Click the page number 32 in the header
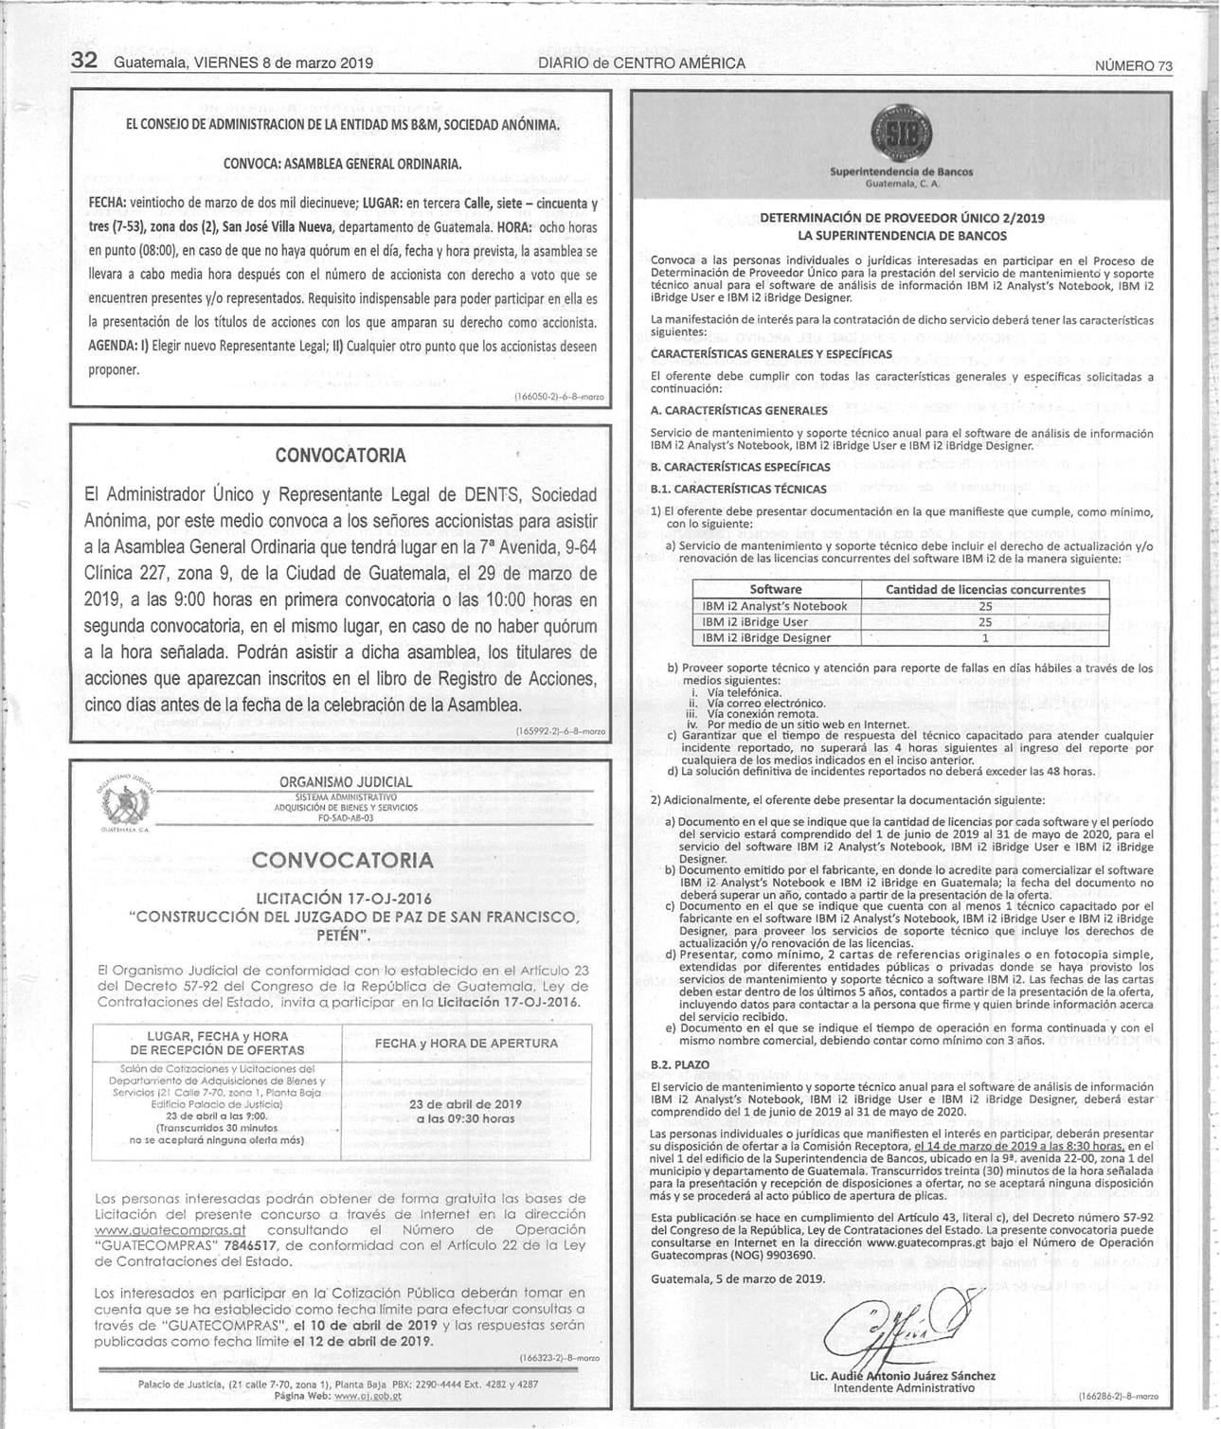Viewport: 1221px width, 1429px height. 85,61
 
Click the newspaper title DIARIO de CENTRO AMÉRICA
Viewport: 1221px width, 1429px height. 641,63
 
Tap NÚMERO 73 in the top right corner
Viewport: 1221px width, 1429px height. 1133,65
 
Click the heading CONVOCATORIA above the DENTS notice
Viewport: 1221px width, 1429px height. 340,455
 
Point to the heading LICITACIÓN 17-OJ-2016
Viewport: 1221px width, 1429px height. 344,898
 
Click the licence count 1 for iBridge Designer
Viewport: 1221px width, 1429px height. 985,638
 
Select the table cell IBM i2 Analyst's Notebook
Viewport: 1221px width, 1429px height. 774,606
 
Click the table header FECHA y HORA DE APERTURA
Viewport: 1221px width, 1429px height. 466,1043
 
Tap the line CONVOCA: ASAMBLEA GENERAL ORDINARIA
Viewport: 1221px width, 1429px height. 342,164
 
